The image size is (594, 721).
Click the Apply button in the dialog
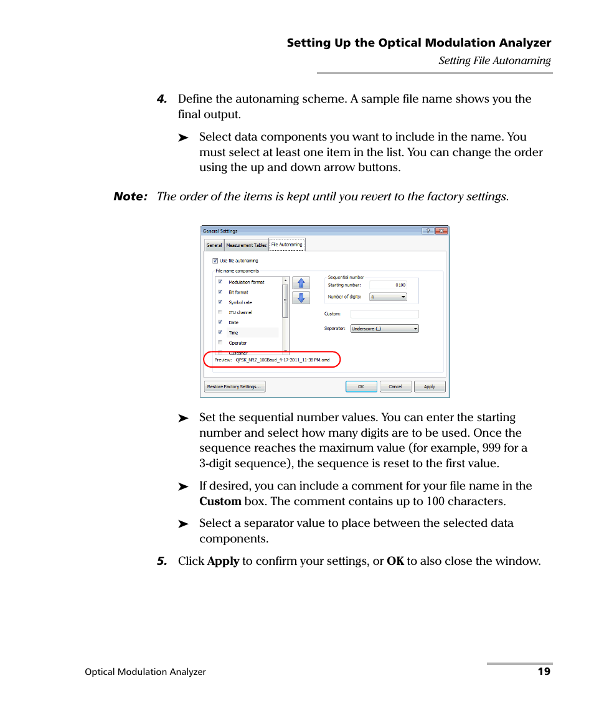click(x=430, y=386)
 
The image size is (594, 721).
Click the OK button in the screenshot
click(x=361, y=386)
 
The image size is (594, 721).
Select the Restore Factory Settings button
click(x=235, y=386)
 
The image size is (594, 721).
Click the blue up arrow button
click(x=301, y=283)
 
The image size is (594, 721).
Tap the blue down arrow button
click(x=301, y=298)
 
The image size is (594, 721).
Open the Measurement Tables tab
click(x=246, y=245)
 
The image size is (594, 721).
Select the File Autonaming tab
click(x=287, y=244)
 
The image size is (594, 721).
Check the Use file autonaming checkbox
click(x=215, y=261)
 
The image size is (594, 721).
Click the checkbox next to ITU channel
click(x=220, y=312)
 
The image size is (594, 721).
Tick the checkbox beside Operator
click(x=220, y=343)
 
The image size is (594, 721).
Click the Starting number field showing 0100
click(x=387, y=285)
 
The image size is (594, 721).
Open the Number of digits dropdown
click(x=388, y=297)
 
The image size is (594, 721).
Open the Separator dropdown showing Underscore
click(x=384, y=328)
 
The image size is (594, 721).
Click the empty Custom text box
click(x=384, y=314)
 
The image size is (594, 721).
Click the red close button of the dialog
click(x=441, y=231)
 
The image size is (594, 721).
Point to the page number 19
click(x=544, y=671)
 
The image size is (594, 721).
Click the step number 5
click(x=162, y=561)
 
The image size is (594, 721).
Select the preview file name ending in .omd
click(x=282, y=360)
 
